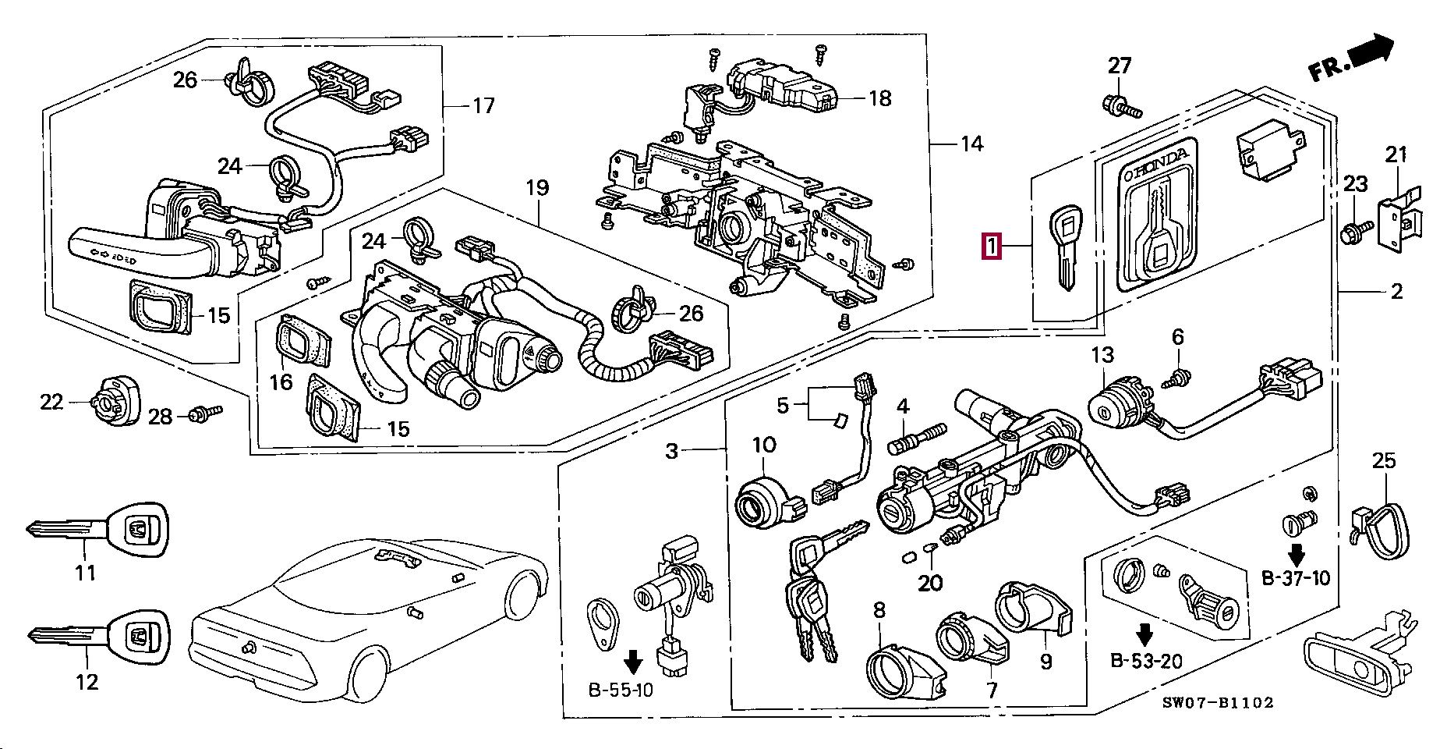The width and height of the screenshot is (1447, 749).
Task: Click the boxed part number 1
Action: point(992,247)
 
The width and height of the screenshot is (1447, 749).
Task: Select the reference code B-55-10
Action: point(621,690)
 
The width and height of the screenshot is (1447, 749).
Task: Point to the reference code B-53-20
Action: point(1146,661)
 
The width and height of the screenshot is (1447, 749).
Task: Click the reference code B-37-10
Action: point(1296,578)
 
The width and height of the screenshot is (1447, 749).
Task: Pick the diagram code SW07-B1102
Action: point(1218,702)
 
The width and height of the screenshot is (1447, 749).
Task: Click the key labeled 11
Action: point(97,530)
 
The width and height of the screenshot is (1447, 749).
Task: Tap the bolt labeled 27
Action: point(1122,105)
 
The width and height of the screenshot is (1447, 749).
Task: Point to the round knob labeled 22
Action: point(114,400)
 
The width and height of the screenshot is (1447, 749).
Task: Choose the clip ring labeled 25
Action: point(1382,531)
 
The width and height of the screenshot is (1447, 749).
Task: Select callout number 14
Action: point(971,144)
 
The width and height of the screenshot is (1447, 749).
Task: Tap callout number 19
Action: point(537,187)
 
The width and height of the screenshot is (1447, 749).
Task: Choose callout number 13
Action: point(1102,355)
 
